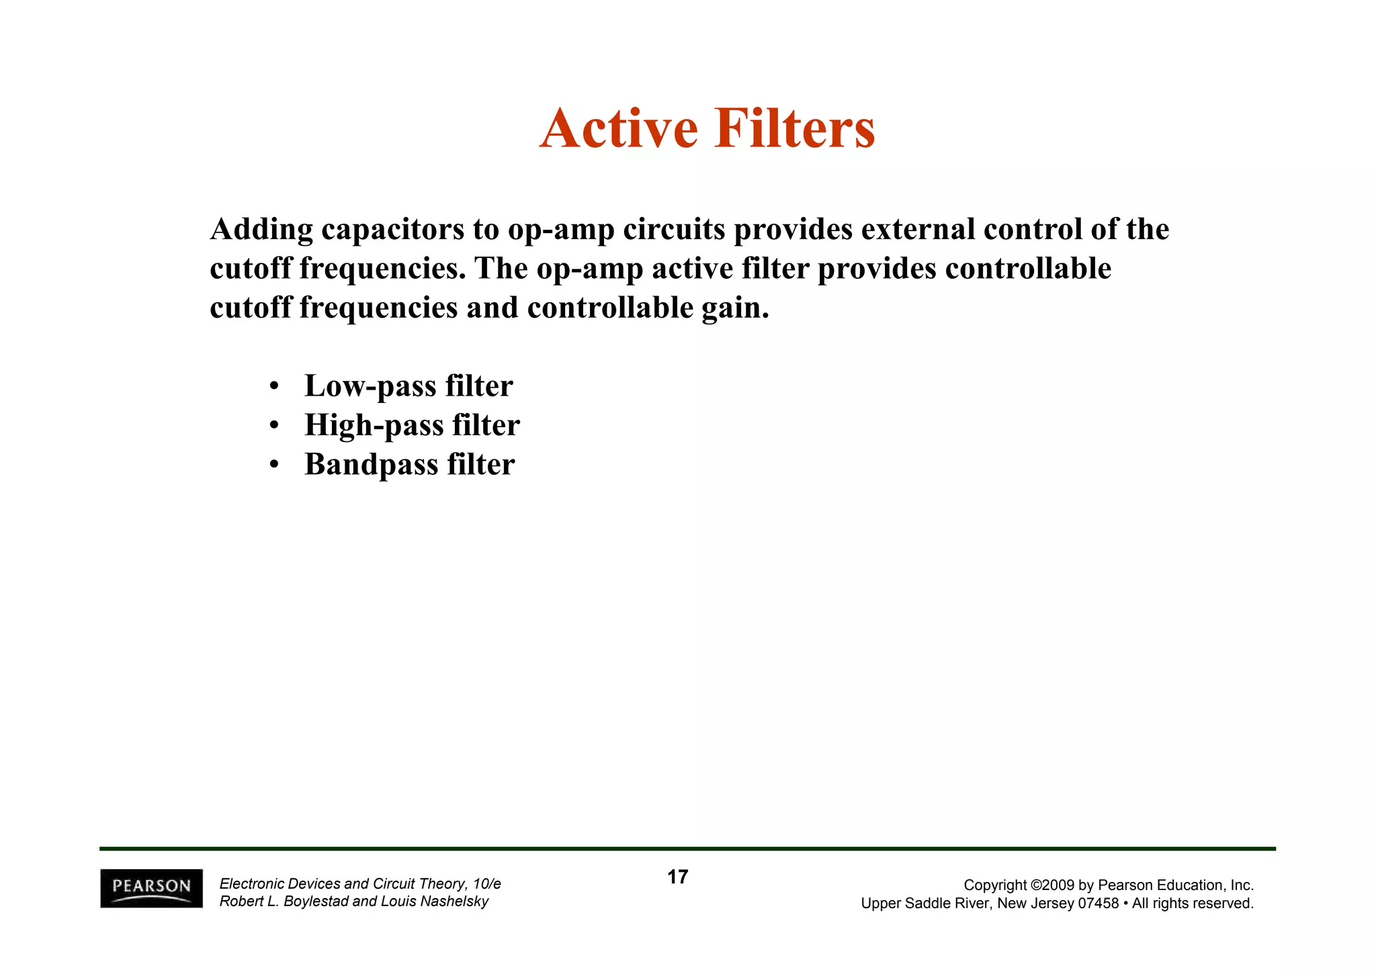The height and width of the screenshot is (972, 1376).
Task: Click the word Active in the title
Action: point(618,128)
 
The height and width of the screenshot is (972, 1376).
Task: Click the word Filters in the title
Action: point(795,128)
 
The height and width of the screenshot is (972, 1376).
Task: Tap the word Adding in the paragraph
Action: point(261,230)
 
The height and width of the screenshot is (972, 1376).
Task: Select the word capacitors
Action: point(392,230)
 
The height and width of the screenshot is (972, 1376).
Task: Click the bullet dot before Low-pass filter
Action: point(273,387)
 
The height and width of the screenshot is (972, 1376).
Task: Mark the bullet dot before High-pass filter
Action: point(273,426)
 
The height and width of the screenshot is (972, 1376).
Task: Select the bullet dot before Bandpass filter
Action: point(273,465)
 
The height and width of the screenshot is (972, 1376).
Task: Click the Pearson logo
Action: point(151,888)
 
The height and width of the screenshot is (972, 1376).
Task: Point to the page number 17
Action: point(677,877)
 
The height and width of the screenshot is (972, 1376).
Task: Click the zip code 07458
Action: point(1098,903)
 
